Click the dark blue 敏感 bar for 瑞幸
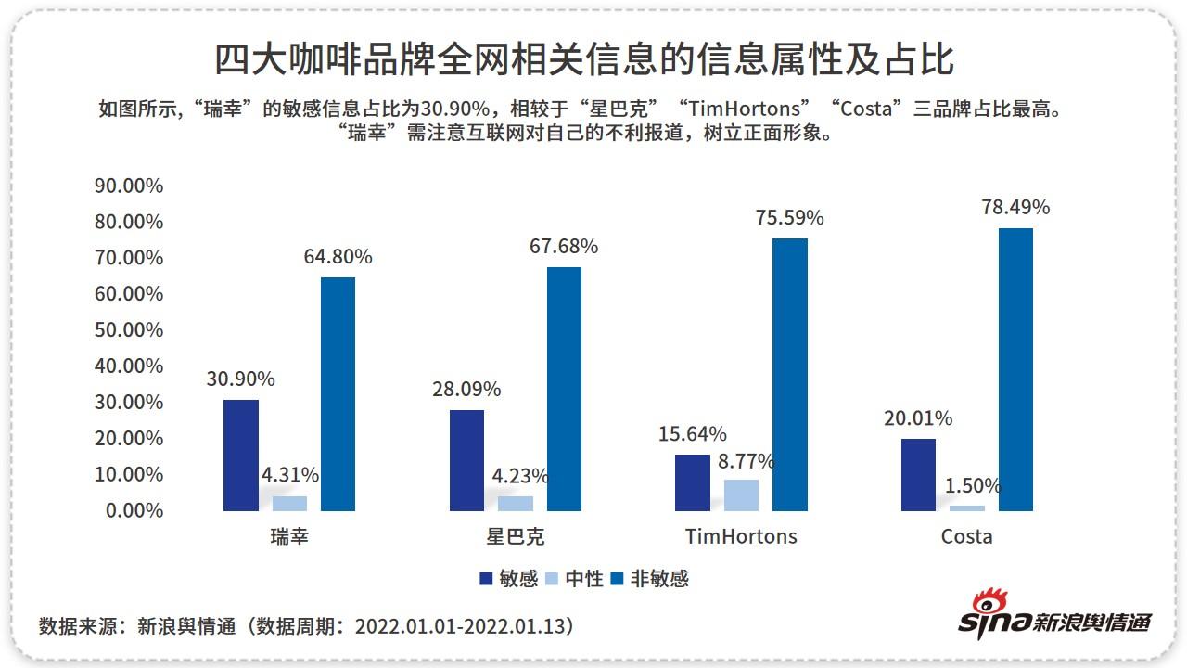point(241,455)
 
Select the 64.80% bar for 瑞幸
point(338,393)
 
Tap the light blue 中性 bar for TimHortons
point(741,495)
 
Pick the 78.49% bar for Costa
point(1015,369)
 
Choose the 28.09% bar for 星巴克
point(466,460)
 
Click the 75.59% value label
point(789,218)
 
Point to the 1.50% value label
point(973,485)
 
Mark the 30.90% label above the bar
point(240,379)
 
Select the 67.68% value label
point(563,247)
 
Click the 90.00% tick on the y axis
point(129,186)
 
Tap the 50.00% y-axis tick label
point(129,330)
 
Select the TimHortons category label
point(741,536)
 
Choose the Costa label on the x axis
point(966,536)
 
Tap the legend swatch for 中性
point(550,579)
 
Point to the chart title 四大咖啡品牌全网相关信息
point(584,60)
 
